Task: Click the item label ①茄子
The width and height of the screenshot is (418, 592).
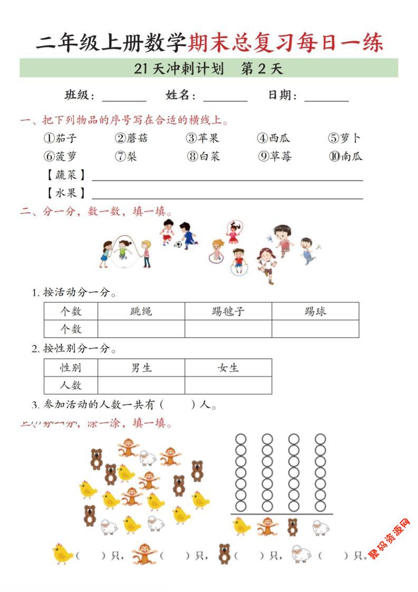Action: click(60, 138)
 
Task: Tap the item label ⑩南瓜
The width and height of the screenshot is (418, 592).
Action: click(346, 156)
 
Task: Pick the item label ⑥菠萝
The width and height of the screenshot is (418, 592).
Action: click(60, 156)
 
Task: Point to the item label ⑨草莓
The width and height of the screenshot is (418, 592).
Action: click(274, 156)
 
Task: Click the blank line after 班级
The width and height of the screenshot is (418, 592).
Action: click(124, 98)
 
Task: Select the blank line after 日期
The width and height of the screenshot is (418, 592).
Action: click(326, 98)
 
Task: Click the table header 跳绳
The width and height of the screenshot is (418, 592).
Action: click(141, 311)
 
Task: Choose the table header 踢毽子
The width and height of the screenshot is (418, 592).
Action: click(228, 311)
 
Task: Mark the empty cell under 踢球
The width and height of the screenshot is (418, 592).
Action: click(315, 329)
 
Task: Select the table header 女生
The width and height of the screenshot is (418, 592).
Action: click(228, 368)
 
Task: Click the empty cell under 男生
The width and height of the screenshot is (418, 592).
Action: click(141, 385)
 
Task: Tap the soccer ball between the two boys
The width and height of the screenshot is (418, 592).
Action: click(178, 244)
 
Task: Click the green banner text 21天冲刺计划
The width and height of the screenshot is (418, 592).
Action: click(179, 69)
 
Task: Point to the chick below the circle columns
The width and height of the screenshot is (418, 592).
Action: click(241, 526)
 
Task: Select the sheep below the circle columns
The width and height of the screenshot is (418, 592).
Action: click(320, 527)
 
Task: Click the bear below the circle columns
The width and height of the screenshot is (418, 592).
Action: click(293, 527)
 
